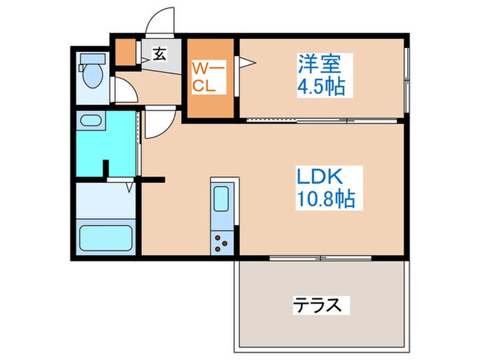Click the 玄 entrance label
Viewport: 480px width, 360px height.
pyautogui.click(x=159, y=54)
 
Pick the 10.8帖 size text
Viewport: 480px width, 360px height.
pyautogui.click(x=325, y=200)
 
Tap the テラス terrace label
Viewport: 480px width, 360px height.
pyautogui.click(x=317, y=304)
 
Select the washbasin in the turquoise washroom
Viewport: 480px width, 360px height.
pyautogui.click(x=91, y=122)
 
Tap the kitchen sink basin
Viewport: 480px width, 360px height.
pyautogui.click(x=222, y=197)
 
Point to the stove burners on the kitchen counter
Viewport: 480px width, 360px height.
pyautogui.click(x=223, y=241)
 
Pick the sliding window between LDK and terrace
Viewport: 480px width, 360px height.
pyautogui.click(x=321, y=259)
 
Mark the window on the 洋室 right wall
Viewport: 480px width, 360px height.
pyautogui.click(x=407, y=79)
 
